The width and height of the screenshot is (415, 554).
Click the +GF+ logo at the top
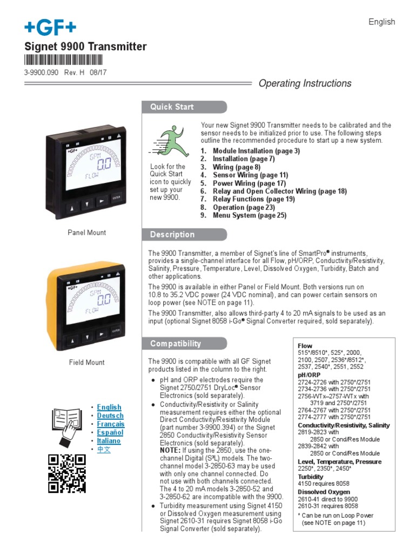pyautogui.click(x=50, y=27)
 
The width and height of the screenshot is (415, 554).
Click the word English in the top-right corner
pyautogui.click(x=381, y=22)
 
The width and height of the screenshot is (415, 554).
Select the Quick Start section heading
pyautogui.click(x=172, y=107)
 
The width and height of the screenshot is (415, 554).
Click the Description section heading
pyautogui.click(x=172, y=235)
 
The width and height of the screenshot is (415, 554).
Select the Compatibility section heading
pyautogui.click(x=176, y=344)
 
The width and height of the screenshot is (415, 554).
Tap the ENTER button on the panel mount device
pyautogui.click(x=116, y=199)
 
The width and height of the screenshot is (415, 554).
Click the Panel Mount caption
pyautogui.click(x=86, y=233)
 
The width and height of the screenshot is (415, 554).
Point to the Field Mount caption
pyautogui.click(x=86, y=362)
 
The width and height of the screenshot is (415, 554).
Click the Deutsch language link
pyautogui.click(x=110, y=415)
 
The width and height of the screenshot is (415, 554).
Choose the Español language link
pyautogui.click(x=110, y=433)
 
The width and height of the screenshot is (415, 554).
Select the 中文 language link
pyautogui.click(x=104, y=450)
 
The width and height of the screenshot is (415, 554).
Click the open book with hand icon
pyautogui.click(x=66, y=426)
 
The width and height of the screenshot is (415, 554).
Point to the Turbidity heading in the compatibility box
pyautogui.click(x=311, y=477)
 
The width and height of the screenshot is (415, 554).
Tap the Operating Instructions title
pyautogui.click(x=305, y=83)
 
